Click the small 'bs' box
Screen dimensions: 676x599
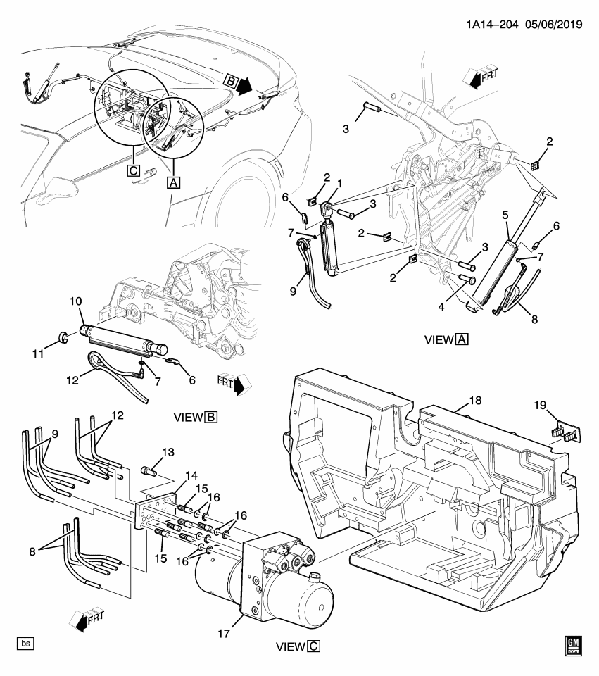click(25, 644)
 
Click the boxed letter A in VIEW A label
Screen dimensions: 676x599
click(462, 340)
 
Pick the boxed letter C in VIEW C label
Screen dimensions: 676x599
click(315, 645)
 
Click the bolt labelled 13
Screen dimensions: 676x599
click(146, 470)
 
